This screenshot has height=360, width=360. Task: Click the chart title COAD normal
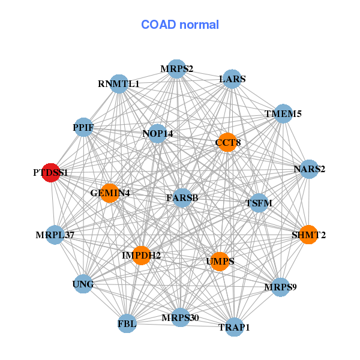[x=180, y=25]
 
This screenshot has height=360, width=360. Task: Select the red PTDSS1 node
[x=51, y=172]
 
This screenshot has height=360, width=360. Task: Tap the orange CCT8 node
[x=227, y=142]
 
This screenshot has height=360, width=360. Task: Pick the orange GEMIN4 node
[x=110, y=193]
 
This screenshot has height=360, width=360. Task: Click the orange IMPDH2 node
[x=141, y=256]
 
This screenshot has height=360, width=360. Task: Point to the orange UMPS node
[x=220, y=261]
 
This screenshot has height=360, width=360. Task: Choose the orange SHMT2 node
[x=308, y=235]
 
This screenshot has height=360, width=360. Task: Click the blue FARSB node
[x=182, y=197]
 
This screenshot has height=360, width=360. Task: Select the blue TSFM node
[x=259, y=203]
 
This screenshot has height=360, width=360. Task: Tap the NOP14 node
[x=157, y=133]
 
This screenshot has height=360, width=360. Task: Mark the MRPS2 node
[x=176, y=69]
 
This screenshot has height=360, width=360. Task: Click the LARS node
[x=232, y=79]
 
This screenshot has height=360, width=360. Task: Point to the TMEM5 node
[x=283, y=113]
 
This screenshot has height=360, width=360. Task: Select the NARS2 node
[x=309, y=169]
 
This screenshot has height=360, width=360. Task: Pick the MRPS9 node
[x=280, y=287]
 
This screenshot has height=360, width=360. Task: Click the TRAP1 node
[x=235, y=327]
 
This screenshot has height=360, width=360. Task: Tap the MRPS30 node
[x=181, y=317]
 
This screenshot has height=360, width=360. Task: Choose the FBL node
[x=127, y=323]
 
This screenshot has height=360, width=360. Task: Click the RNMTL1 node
[x=119, y=84]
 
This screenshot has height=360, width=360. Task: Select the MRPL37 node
[x=55, y=234]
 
